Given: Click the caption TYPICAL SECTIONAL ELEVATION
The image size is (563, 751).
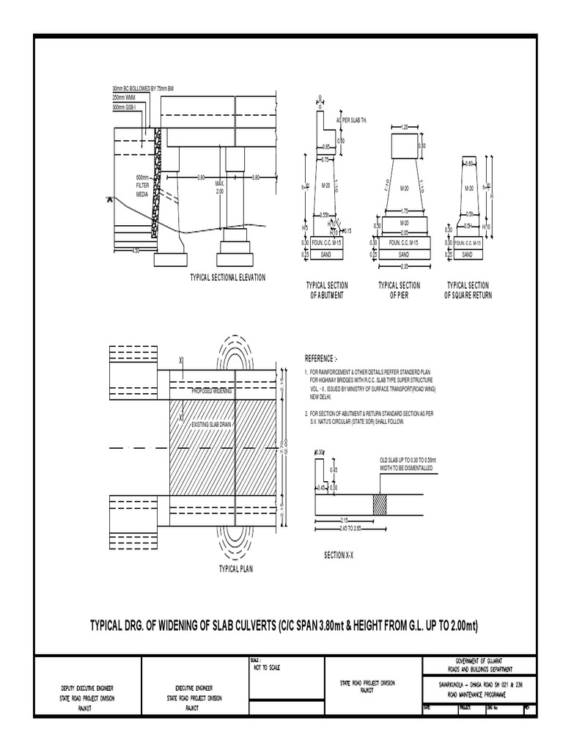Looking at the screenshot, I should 227,277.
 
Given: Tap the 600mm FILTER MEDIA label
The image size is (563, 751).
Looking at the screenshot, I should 142,186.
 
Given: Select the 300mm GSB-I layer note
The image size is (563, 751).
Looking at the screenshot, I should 129,107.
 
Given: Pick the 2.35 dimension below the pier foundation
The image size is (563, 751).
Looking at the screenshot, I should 404,266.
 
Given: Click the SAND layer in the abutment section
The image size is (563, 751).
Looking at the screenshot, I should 327,254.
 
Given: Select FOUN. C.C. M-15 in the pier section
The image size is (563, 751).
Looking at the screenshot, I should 404,242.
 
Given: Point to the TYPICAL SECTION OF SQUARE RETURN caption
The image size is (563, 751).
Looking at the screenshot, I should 468,290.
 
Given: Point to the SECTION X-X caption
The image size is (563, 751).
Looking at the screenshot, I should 339,555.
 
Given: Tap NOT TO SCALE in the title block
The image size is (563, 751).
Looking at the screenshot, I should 266,667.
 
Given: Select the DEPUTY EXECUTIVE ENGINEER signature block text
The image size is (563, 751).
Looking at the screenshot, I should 88,689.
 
